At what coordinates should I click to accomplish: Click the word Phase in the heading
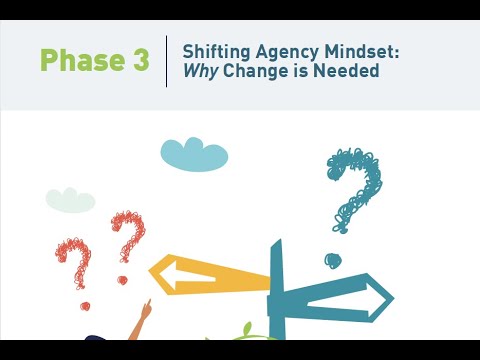coord(82,61)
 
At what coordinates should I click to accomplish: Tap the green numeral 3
coord(139,61)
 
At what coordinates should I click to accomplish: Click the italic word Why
coord(200,73)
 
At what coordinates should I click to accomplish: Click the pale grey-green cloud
coord(70,199)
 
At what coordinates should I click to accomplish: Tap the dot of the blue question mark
coord(333,260)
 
